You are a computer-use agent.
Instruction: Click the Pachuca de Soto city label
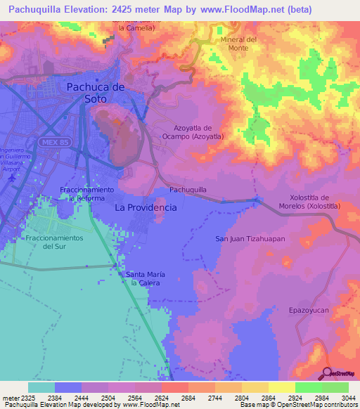96,93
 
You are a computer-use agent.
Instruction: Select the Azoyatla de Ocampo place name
193,132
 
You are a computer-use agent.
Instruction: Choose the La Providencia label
146,209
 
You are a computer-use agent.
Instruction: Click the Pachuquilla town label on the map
188,190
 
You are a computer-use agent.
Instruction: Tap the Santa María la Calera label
146,278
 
